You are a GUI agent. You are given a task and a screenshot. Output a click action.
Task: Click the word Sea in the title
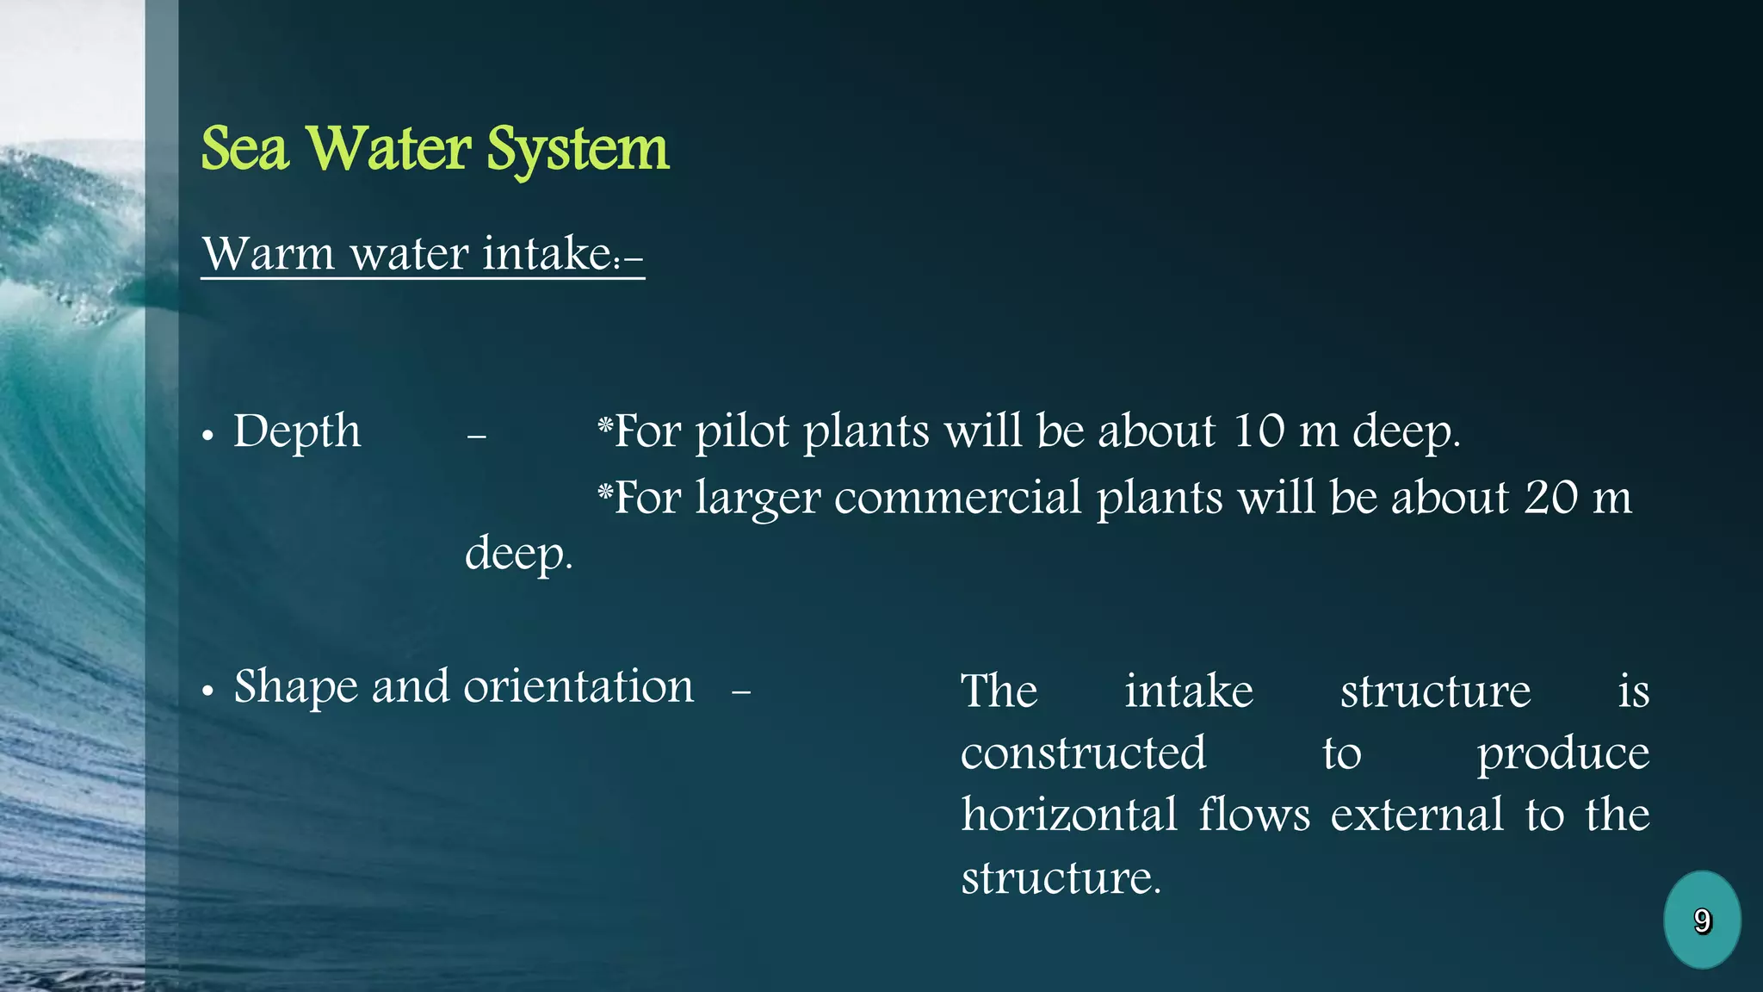point(244,149)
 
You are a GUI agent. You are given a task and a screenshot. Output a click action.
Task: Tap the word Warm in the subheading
point(268,254)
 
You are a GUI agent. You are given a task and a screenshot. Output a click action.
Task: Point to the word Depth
point(297,431)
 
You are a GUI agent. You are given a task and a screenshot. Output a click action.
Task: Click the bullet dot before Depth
point(207,437)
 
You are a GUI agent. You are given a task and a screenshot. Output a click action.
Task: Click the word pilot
point(742,431)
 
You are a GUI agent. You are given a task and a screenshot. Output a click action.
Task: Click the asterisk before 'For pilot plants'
point(605,425)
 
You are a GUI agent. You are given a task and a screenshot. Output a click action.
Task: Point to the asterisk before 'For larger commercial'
point(605,492)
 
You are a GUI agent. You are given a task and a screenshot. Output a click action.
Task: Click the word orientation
point(578,686)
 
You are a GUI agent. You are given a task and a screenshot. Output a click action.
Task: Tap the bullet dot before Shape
point(207,691)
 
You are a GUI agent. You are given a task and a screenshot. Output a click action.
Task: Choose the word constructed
point(1083,753)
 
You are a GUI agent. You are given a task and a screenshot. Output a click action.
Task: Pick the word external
point(1417,815)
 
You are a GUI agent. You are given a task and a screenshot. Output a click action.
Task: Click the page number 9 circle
point(1702,920)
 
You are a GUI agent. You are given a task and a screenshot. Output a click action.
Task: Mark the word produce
point(1563,754)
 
